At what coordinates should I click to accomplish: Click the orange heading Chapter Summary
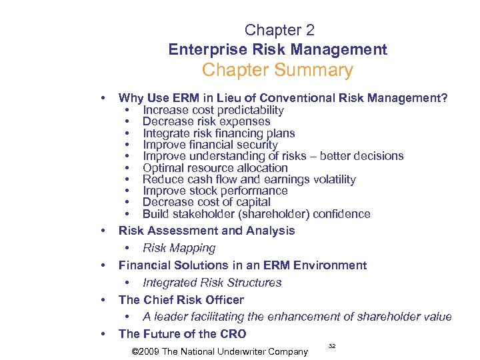click(x=277, y=70)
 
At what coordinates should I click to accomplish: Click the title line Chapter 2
click(x=279, y=30)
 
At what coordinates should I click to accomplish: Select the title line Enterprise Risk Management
click(x=277, y=49)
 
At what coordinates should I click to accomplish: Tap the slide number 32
click(x=332, y=345)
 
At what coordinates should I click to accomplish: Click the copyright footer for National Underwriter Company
click(x=220, y=351)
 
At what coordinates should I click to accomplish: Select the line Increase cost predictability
click(x=213, y=110)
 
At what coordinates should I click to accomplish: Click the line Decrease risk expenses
click(x=207, y=121)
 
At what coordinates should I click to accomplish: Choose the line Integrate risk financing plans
click(x=219, y=133)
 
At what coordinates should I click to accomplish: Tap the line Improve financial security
click(x=210, y=145)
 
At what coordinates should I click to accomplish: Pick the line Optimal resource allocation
click(x=215, y=168)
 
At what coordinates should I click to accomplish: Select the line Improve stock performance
click(x=215, y=191)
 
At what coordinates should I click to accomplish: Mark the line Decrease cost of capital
click(x=207, y=202)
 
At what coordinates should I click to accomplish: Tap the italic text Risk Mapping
click(x=179, y=248)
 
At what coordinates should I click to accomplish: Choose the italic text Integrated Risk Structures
click(x=212, y=283)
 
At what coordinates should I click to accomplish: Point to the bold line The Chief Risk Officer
click(x=181, y=300)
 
